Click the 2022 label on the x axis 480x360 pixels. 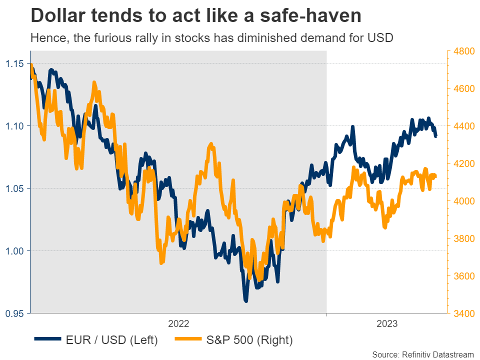click(x=178, y=324)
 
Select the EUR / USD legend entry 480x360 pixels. click(x=111, y=340)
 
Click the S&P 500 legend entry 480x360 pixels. click(x=249, y=340)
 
